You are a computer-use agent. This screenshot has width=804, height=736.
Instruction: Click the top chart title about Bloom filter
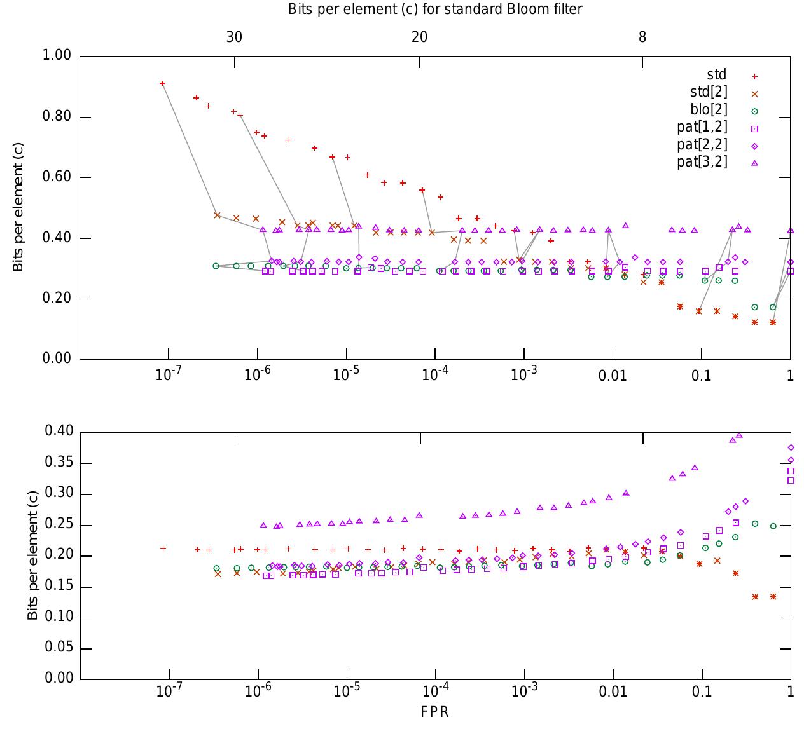[435, 9]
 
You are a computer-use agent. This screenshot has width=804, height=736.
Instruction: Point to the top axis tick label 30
[234, 37]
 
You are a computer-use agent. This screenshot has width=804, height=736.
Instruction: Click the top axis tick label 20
[419, 37]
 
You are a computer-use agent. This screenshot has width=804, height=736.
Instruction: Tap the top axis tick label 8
[642, 37]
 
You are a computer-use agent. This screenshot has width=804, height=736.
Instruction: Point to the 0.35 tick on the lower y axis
[59, 463]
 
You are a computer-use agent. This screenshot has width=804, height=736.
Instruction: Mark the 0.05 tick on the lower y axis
[59, 648]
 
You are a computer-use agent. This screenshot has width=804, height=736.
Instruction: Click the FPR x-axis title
[435, 712]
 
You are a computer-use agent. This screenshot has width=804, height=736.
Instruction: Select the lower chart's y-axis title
[32, 555]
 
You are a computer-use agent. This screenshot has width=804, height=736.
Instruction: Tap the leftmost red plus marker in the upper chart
[162, 83]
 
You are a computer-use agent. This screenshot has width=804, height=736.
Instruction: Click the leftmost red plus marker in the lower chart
[163, 548]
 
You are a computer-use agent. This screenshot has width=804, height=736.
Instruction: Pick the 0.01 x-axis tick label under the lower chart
[613, 691]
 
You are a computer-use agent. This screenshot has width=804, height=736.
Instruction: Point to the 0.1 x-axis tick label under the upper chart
[701, 376]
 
